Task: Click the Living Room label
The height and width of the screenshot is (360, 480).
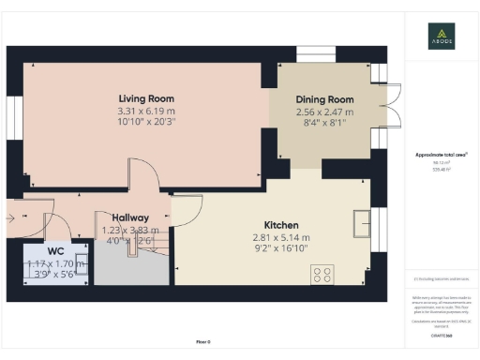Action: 146,98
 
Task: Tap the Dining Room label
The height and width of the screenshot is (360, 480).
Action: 324,99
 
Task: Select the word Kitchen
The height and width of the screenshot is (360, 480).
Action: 281,226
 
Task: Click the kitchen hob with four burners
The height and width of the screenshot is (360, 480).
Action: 322,274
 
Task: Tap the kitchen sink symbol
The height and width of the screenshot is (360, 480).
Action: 361,222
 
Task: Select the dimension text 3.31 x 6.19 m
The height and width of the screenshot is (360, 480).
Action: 146,111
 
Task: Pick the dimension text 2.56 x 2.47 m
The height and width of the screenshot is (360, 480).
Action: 324,112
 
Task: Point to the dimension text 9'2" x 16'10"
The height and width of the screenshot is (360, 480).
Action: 281,249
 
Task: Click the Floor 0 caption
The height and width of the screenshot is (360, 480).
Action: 202,342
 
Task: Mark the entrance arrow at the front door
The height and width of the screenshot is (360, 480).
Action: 10,216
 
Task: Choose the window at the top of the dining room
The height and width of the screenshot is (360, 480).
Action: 314,53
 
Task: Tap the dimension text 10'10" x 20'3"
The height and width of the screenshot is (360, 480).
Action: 146,122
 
